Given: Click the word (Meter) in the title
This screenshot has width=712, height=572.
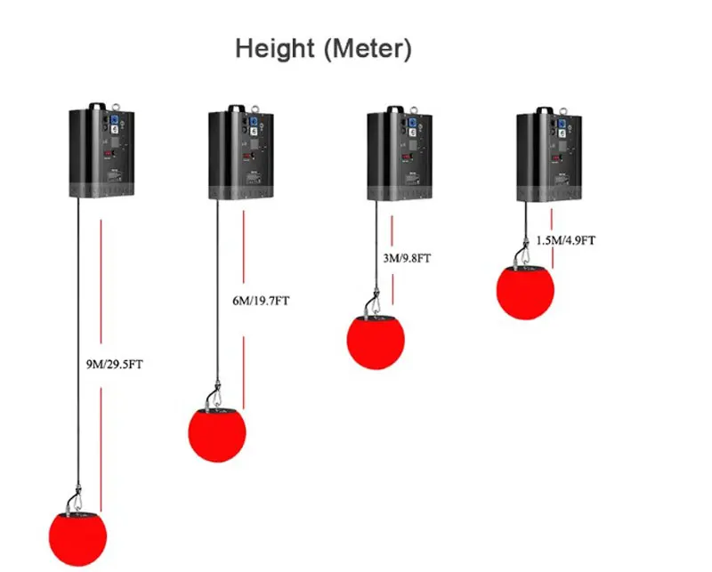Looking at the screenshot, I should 368,48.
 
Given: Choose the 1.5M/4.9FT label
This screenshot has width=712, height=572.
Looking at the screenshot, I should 566,240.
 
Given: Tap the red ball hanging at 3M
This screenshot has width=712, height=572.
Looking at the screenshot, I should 375,341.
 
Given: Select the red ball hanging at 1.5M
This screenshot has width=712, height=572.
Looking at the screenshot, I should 525,291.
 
